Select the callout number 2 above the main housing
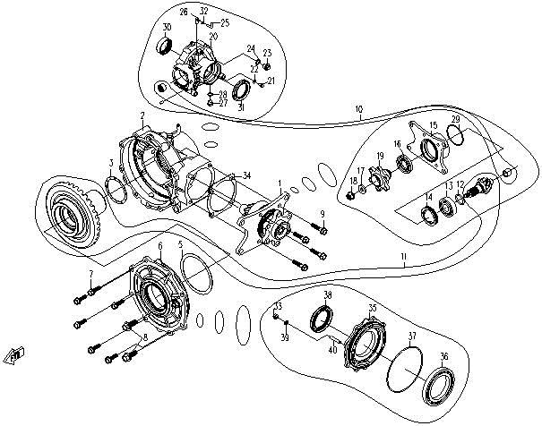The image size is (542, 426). (142, 115)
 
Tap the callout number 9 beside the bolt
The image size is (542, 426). (323, 212)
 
